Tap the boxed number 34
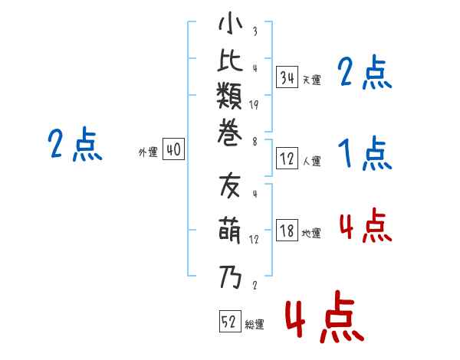(x=287, y=77)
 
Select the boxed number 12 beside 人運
(x=287, y=159)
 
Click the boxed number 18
(x=287, y=231)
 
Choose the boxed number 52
(x=228, y=322)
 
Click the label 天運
(x=311, y=80)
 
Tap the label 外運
(x=148, y=152)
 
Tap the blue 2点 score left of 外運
(x=74, y=145)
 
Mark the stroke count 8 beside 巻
(x=254, y=140)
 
